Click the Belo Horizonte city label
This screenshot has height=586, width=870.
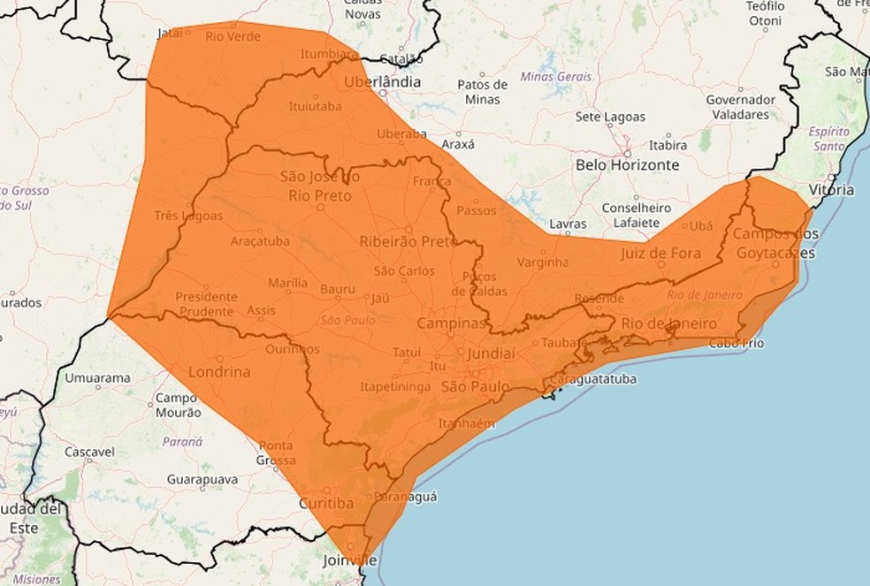coord(627,165)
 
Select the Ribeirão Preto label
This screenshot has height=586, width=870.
coord(408,241)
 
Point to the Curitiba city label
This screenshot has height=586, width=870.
coord(327,503)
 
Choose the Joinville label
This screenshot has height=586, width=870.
coord(348,560)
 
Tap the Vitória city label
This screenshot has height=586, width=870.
coord(831,190)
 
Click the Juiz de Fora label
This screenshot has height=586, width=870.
coord(660,254)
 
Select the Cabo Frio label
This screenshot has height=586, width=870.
coord(736,343)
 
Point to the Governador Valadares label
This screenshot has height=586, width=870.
coord(740,107)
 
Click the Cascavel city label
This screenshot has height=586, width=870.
coord(89,452)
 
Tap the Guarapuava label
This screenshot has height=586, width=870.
coord(202,479)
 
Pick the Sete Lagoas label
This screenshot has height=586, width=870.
coord(610,117)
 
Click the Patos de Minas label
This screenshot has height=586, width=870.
coord(483,92)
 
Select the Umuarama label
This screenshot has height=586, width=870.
coord(97,378)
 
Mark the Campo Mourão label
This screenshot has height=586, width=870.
coord(178,405)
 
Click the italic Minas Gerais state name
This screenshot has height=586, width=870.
coord(556,77)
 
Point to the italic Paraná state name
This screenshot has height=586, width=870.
coord(184,440)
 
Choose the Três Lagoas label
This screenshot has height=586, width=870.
coord(187,216)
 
